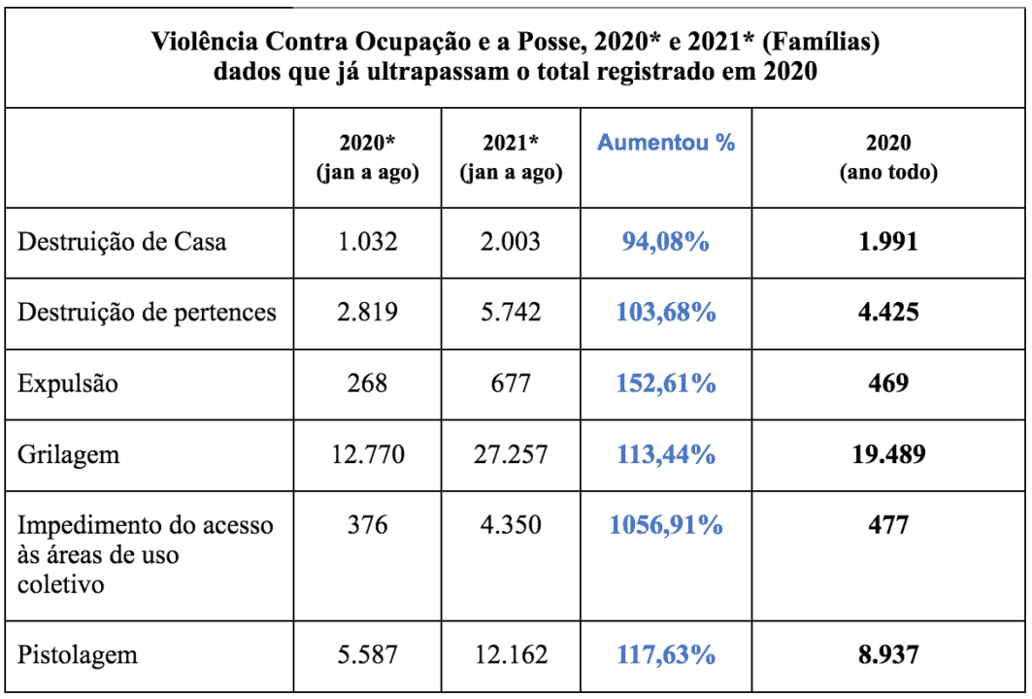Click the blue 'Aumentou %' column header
coord(666,143)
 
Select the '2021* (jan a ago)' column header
coord(511,157)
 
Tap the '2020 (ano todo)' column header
coord(888,157)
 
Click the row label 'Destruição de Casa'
coord(121,241)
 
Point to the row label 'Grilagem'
coord(68,453)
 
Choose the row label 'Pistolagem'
coord(77,654)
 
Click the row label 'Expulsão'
coord(68,383)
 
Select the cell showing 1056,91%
coord(666,525)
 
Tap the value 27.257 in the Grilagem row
coord(511,453)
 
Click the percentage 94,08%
coord(666,241)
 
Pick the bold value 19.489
coord(888,453)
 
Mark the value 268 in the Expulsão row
coord(367,383)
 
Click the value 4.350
coord(511,525)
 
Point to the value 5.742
coord(511,312)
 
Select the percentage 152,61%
coord(666,383)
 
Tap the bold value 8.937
coord(888,654)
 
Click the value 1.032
coord(367,241)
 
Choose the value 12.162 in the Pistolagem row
coord(511,654)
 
